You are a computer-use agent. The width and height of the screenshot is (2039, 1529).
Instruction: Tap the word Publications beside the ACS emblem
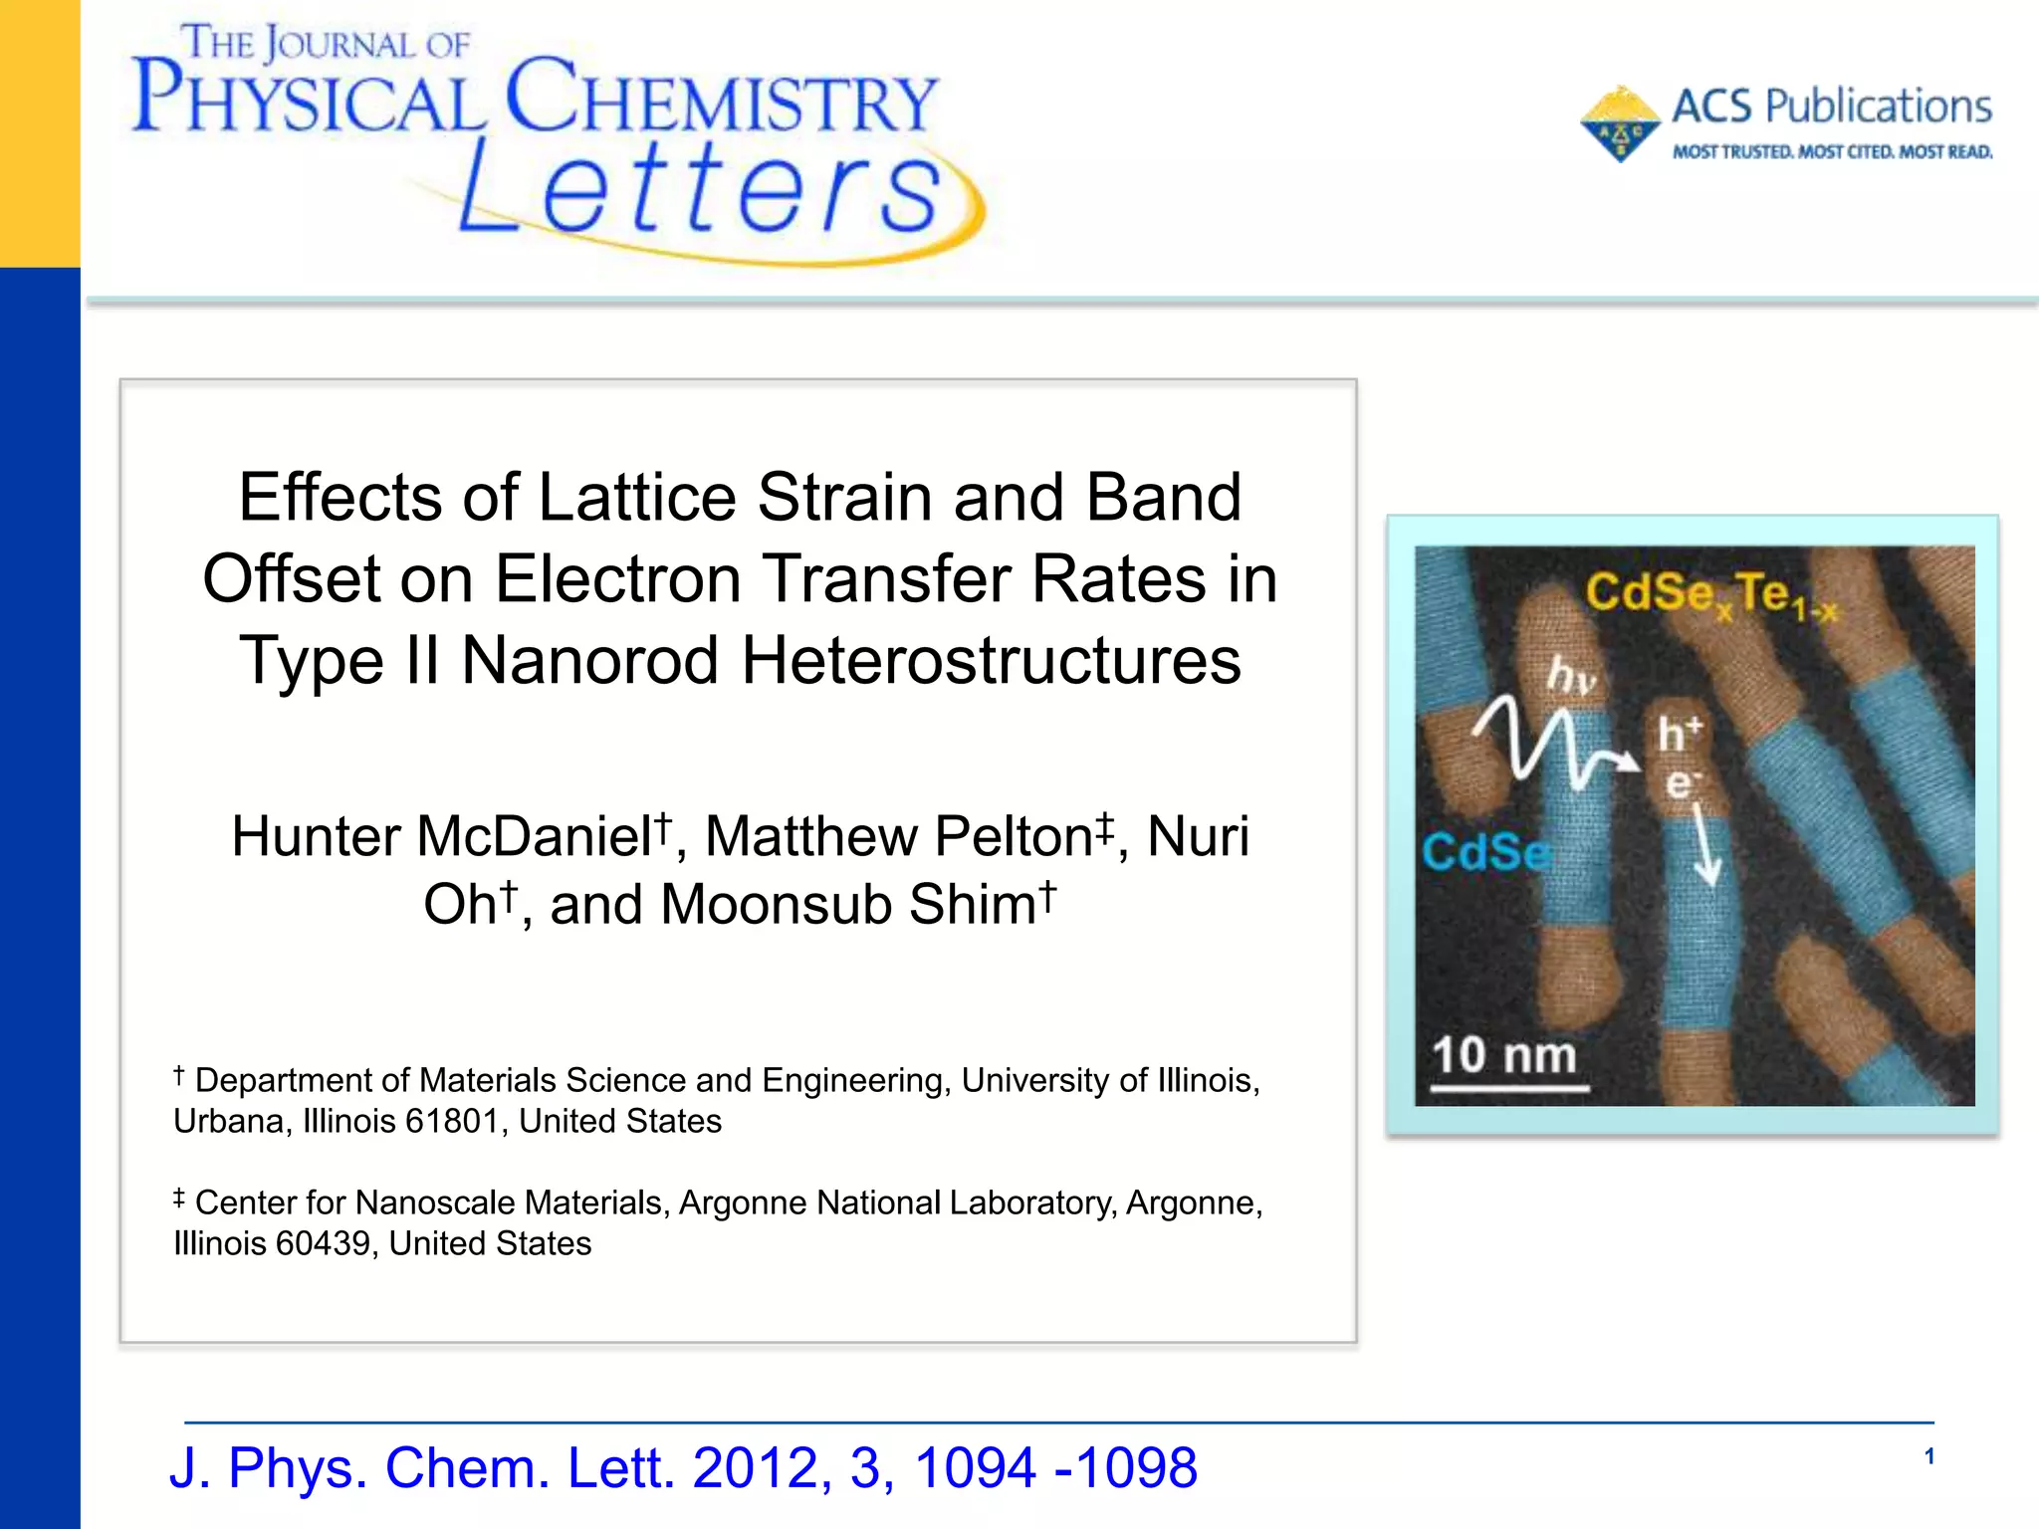click(1878, 107)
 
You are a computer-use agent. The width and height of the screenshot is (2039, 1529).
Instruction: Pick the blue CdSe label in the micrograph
click(1484, 852)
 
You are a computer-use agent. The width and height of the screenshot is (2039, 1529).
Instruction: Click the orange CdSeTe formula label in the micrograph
click(1708, 594)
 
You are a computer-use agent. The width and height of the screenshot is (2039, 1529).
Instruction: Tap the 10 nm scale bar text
click(1503, 1055)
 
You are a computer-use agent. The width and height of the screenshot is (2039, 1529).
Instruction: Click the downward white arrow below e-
click(1707, 846)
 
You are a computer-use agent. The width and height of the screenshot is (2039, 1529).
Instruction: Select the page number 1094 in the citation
click(975, 1468)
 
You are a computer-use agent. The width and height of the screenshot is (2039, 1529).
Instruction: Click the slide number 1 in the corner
click(1928, 1457)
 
